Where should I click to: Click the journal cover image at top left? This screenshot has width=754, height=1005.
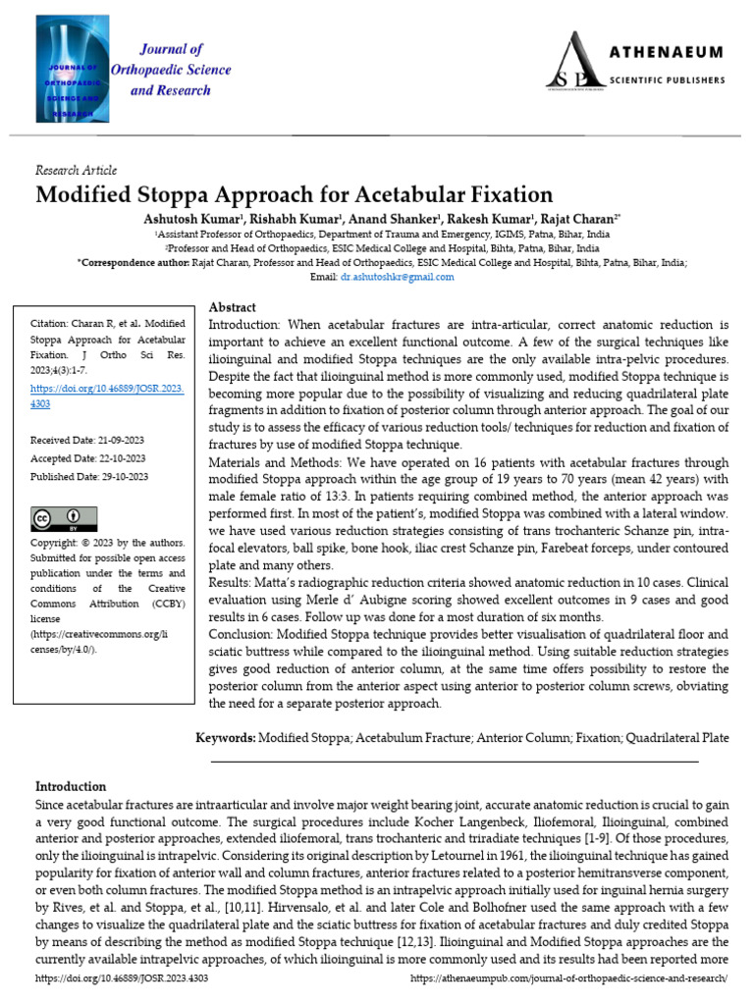pyautogui.click(x=67, y=74)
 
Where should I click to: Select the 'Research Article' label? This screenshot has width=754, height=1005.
pyautogui.click(x=76, y=170)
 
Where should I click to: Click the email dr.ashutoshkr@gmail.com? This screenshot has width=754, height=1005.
pyautogui.click(x=397, y=277)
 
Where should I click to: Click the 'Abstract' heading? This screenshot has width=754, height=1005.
pyautogui.click(x=233, y=307)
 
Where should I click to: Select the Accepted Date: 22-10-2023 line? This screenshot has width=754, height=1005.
pyautogui.click(x=88, y=458)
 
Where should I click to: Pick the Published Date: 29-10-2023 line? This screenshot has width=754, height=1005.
pyautogui.click(x=89, y=476)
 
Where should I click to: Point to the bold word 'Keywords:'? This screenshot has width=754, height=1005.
pyautogui.click(x=226, y=736)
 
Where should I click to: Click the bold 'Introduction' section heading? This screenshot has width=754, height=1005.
pyautogui.click(x=71, y=786)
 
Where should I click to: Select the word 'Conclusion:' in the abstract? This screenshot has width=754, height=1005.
pyautogui.click(x=242, y=634)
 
